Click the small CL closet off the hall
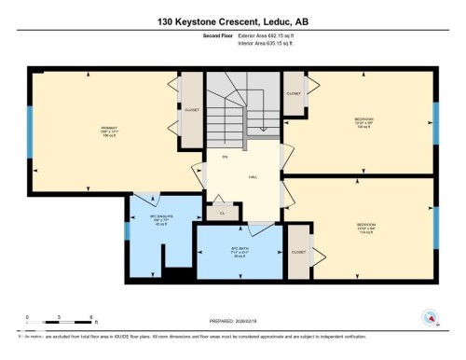click(x=223, y=213)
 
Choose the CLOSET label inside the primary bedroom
click(x=192, y=109)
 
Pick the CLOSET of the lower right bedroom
click(x=298, y=252)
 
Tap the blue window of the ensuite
click(x=127, y=253)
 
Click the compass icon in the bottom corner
click(x=430, y=317)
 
